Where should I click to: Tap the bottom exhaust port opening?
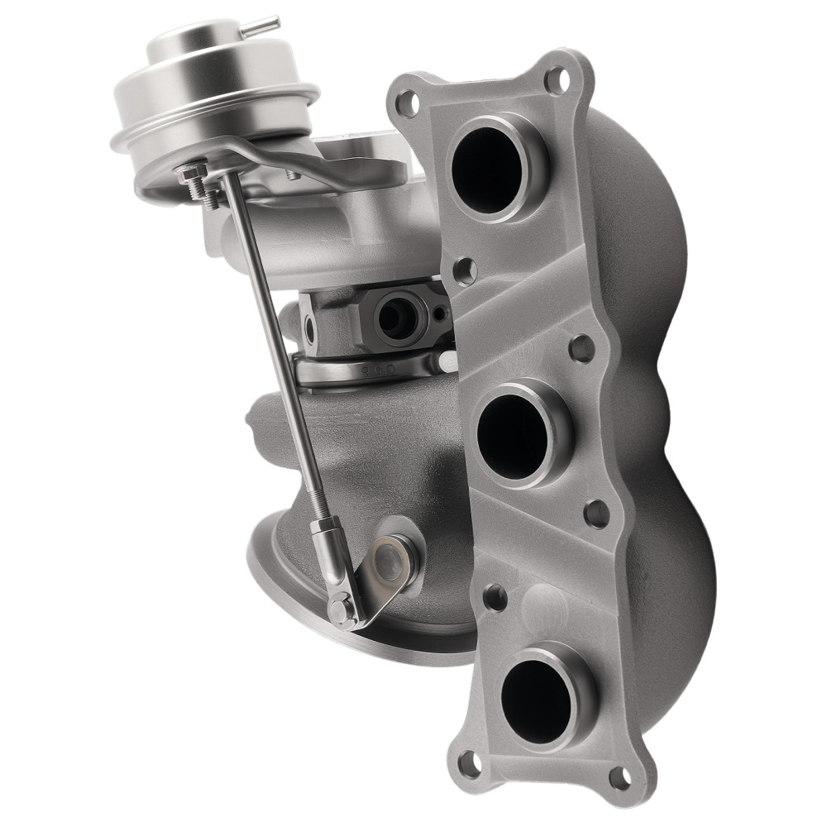click(x=537, y=691)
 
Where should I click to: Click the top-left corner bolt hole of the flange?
click(x=407, y=104)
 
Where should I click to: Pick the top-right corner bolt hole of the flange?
click(x=557, y=80)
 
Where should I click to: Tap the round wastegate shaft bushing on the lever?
click(x=392, y=558)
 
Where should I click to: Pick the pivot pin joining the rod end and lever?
click(x=340, y=609)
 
